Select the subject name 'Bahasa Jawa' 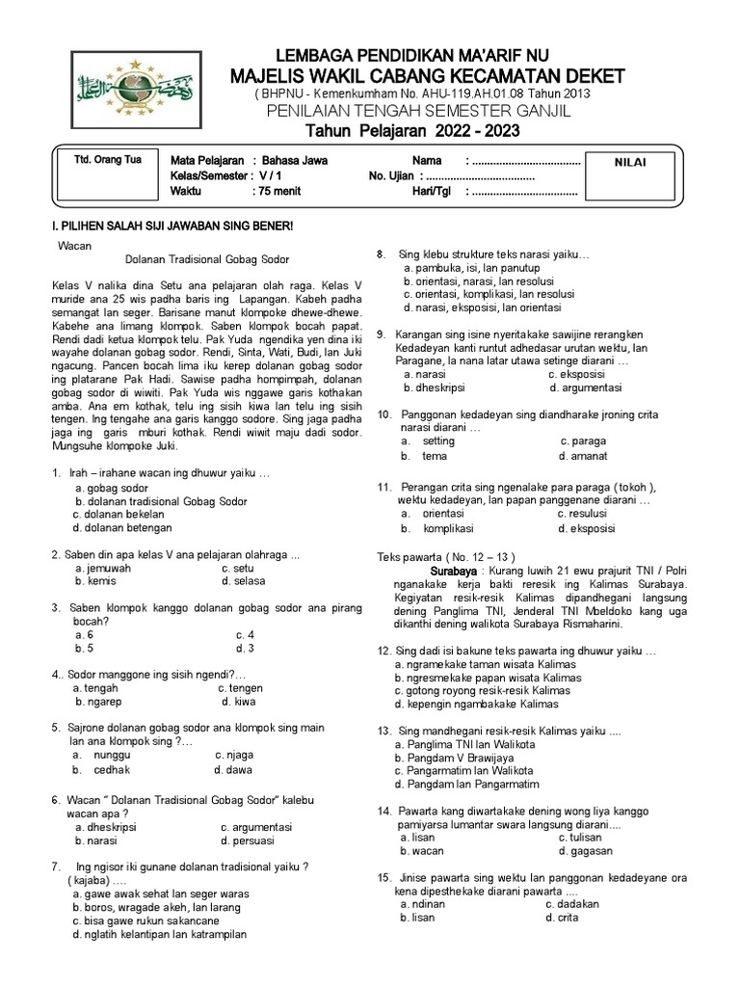(x=294, y=161)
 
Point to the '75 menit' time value (x=281, y=192)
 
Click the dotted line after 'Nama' (x=525, y=161)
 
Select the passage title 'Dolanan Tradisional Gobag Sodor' (x=207, y=259)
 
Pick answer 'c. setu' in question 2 (x=237, y=569)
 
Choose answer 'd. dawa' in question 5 (x=232, y=769)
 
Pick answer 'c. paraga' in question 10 (x=583, y=441)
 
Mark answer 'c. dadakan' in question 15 (x=572, y=904)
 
